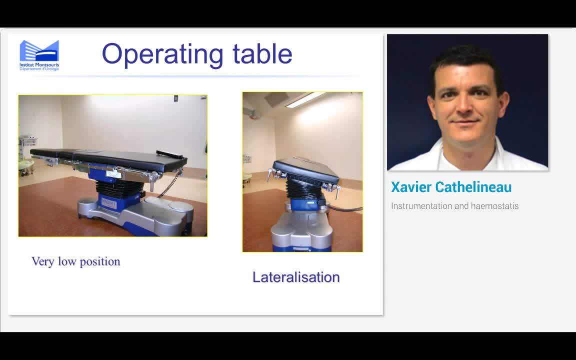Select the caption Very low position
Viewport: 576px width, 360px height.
click(x=76, y=261)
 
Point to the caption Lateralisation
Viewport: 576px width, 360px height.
click(x=296, y=277)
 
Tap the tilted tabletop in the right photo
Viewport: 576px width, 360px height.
click(x=306, y=168)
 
